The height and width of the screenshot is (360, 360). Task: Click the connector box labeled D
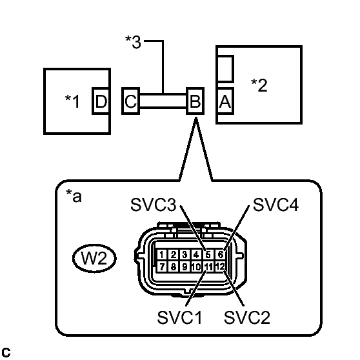(101, 101)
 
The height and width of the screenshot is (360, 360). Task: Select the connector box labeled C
(130, 101)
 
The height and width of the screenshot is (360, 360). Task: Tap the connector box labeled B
(194, 101)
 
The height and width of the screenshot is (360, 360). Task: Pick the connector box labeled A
(225, 101)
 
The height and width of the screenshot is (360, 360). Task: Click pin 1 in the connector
(165, 255)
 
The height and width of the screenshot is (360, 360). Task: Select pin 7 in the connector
(165, 266)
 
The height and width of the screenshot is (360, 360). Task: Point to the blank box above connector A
(225, 68)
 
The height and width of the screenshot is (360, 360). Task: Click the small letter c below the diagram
(6, 352)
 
